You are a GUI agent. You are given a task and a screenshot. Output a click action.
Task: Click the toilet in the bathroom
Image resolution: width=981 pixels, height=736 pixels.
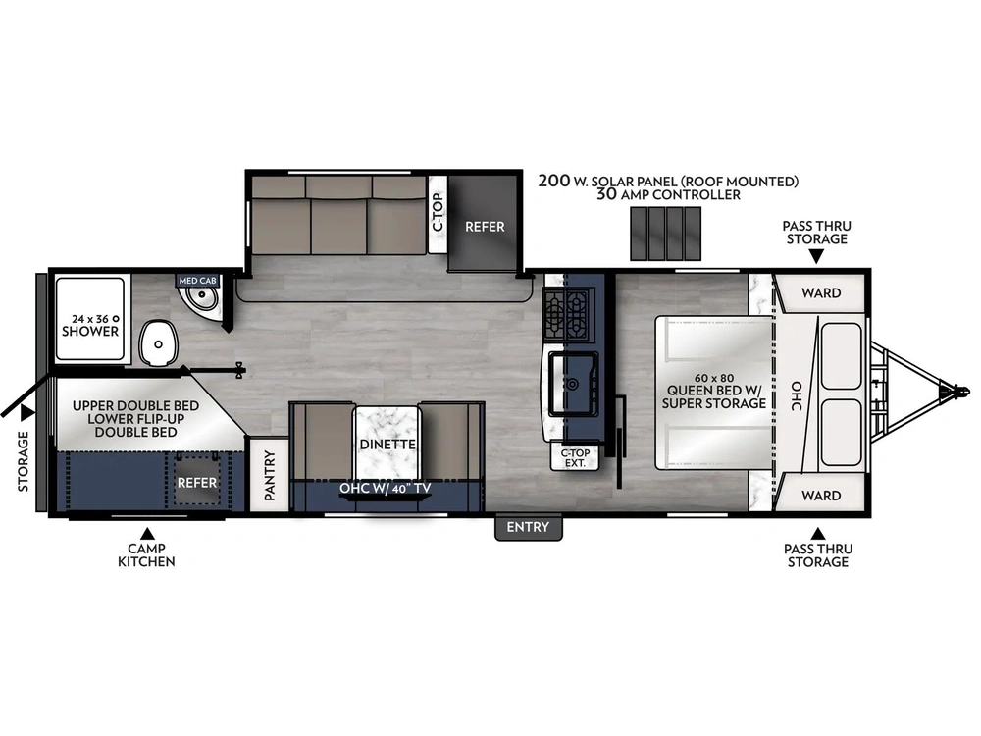(x=158, y=342)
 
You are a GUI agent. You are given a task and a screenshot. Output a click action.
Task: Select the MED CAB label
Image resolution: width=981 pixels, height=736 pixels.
(x=198, y=281)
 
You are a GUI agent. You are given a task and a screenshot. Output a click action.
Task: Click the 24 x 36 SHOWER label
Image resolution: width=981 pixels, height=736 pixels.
(x=90, y=325)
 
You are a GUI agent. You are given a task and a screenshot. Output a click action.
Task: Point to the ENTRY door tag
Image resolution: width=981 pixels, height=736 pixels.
(x=528, y=528)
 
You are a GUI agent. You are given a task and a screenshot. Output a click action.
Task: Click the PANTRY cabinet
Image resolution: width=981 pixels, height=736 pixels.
(x=269, y=475)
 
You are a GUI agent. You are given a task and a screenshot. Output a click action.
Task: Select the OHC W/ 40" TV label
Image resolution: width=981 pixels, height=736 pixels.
(x=386, y=488)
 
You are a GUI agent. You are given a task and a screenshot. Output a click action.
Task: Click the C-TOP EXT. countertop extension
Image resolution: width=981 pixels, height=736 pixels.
(x=574, y=457)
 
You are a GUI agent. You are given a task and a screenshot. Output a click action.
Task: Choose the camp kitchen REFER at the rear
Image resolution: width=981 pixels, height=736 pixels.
(x=196, y=481)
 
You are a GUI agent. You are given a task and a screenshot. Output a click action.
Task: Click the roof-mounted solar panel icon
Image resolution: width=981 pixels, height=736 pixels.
(x=665, y=234)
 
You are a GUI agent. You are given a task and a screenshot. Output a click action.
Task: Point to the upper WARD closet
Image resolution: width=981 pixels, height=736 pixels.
(x=820, y=292)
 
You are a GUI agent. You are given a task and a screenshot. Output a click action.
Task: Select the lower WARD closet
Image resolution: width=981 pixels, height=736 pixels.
(x=820, y=495)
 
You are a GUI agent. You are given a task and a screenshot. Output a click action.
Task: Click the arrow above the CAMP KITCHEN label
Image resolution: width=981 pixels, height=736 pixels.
(x=147, y=533)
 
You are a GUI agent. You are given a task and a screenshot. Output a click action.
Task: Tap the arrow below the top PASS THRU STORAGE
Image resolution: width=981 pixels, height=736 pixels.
(x=816, y=256)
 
